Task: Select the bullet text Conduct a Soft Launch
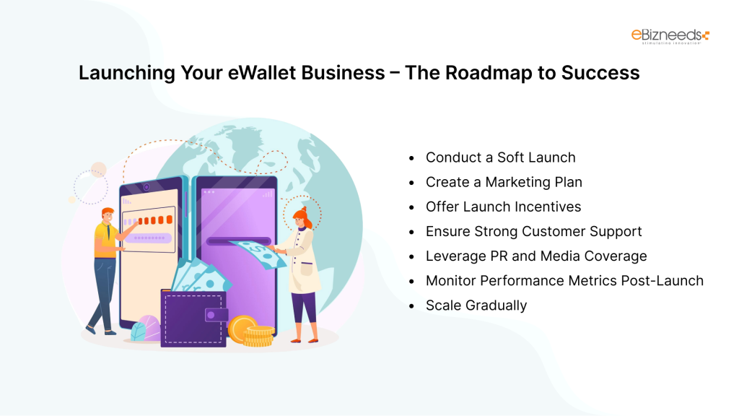(500, 157)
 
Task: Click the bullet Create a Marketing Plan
(504, 182)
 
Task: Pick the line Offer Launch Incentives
(503, 207)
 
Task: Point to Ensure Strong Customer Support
(533, 231)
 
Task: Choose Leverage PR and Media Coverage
(536, 256)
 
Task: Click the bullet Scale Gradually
(476, 305)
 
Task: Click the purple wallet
(193, 318)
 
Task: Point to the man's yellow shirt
(105, 239)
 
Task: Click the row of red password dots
(155, 220)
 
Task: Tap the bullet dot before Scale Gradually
(411, 305)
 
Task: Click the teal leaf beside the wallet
(139, 332)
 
